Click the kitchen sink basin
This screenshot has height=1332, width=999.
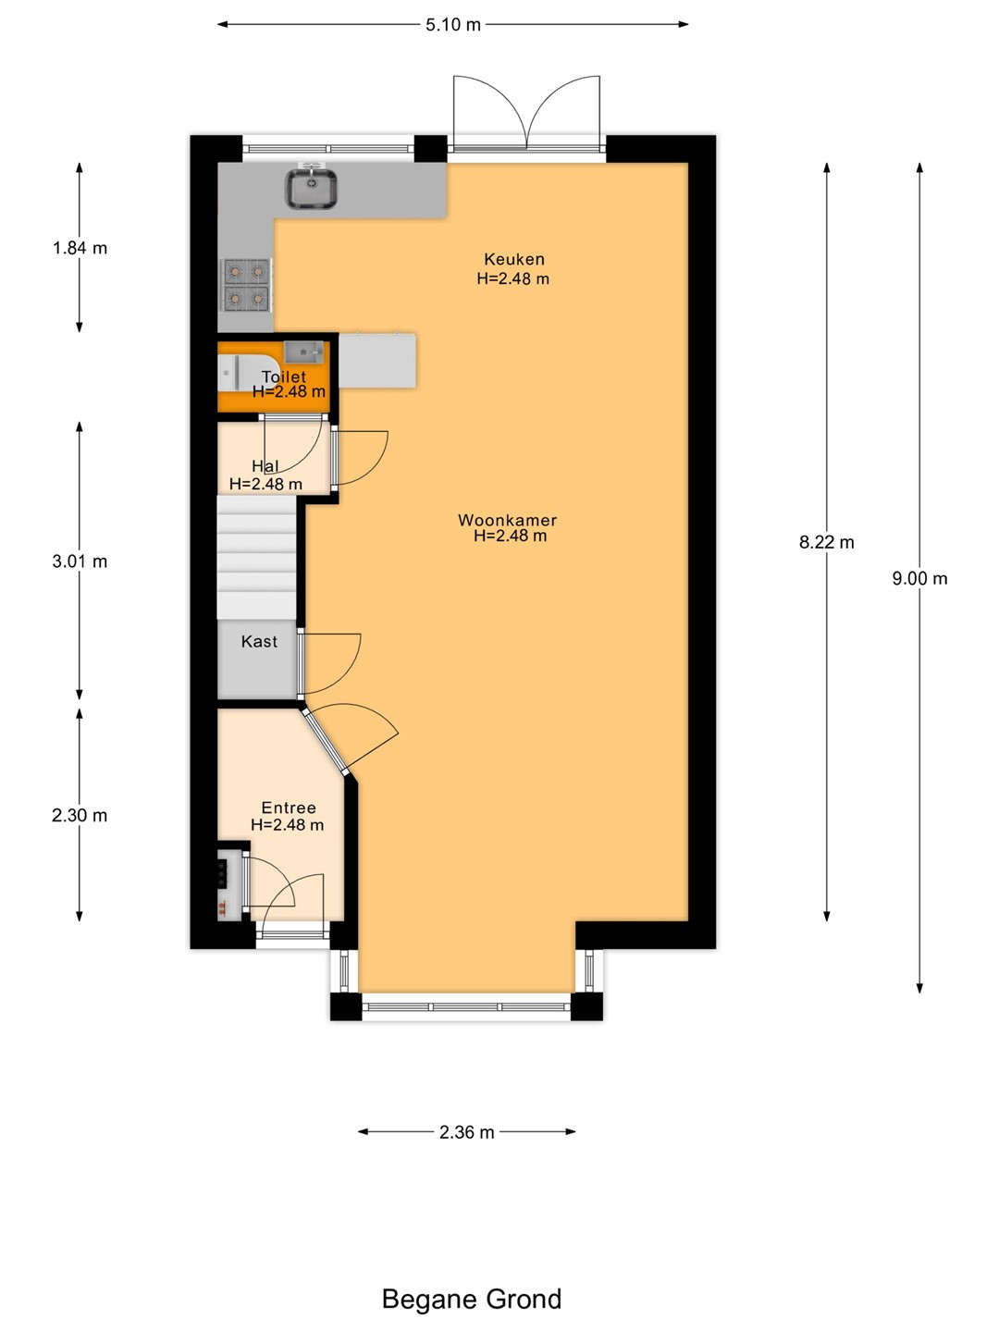pyautogui.click(x=312, y=189)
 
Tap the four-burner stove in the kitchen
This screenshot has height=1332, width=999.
pyautogui.click(x=246, y=285)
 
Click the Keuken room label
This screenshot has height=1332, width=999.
pyautogui.click(x=513, y=259)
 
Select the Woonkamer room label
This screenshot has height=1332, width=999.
pyautogui.click(x=507, y=520)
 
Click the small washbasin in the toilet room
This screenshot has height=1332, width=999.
pyautogui.click(x=303, y=352)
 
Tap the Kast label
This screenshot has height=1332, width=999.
pyautogui.click(x=259, y=641)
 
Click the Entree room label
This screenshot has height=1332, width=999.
pyautogui.click(x=288, y=808)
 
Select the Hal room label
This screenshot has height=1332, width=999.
pyautogui.click(x=265, y=466)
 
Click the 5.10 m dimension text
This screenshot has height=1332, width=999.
pyautogui.click(x=452, y=25)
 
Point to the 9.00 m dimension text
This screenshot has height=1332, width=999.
pyautogui.click(x=919, y=578)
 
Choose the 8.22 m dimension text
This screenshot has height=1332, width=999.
pyautogui.click(x=826, y=542)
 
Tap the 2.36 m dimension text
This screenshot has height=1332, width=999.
pyautogui.click(x=466, y=1132)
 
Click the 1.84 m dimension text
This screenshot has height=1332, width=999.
pyautogui.click(x=80, y=248)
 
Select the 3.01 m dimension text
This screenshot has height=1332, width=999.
pyautogui.click(x=80, y=561)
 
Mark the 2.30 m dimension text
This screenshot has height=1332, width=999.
pyautogui.click(x=80, y=815)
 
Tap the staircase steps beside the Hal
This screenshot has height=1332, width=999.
pyautogui.click(x=257, y=558)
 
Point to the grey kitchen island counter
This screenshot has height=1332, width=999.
pyautogui.click(x=377, y=361)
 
